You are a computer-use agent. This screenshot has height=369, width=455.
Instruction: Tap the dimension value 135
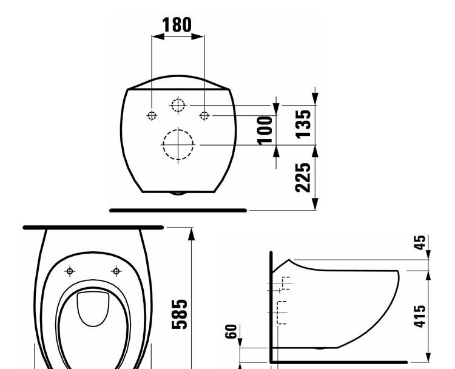pos(307,122)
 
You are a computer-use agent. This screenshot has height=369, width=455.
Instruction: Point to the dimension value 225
pos(307,177)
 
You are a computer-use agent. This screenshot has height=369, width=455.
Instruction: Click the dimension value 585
pos(179,313)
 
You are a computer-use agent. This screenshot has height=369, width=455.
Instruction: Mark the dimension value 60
pos(231,331)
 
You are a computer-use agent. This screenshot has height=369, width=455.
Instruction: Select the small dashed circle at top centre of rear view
pos(177,106)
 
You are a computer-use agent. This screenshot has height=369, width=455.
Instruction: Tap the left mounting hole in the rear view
pos(151,115)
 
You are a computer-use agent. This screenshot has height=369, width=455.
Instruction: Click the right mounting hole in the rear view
pos(204,115)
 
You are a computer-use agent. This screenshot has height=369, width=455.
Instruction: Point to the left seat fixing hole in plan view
pos(70,271)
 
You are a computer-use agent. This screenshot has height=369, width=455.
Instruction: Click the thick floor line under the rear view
pos(178,210)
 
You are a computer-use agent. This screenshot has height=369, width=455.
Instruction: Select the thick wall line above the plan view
pos(93,227)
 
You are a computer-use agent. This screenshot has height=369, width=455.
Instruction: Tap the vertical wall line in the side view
pos(271,303)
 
